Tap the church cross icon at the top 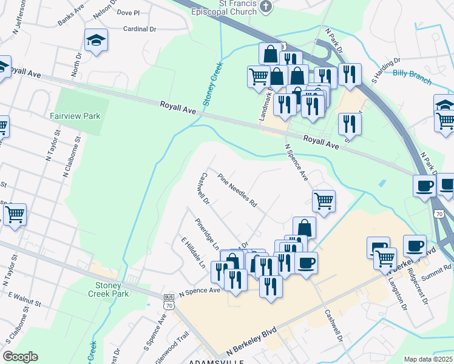coord(265,7)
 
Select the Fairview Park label coord(75,115)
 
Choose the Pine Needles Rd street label coord(237,188)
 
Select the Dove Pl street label coord(127,12)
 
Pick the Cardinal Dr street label coord(140,29)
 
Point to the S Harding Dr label coord(386,70)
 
